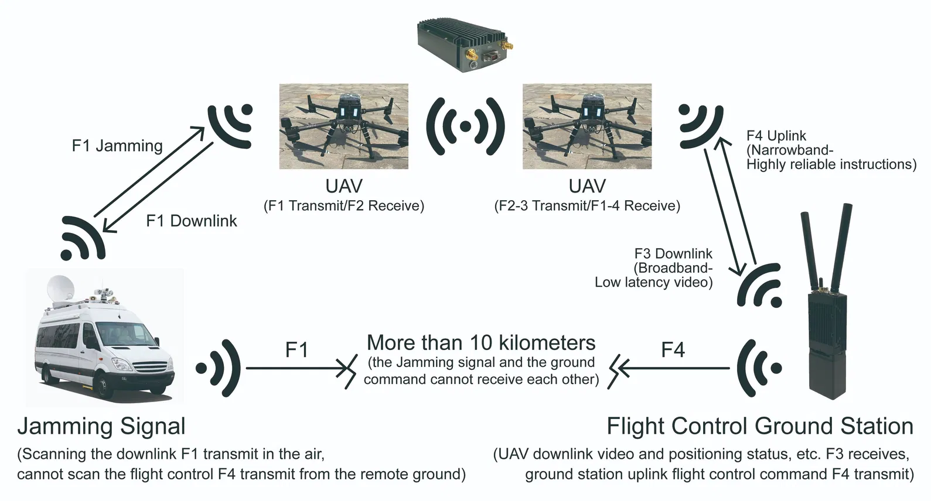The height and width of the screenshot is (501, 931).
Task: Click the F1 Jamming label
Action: click(x=117, y=146)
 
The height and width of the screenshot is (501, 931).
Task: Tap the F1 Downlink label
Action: click(x=192, y=221)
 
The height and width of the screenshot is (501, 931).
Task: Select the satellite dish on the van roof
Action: click(x=63, y=290)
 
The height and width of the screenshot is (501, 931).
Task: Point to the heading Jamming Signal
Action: click(x=101, y=426)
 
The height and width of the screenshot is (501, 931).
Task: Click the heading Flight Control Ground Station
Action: click(x=759, y=426)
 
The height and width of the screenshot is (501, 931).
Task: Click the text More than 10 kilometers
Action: click(x=481, y=342)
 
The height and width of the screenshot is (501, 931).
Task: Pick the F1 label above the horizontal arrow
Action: click(x=296, y=350)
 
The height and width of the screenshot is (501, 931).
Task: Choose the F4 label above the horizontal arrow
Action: click(x=673, y=350)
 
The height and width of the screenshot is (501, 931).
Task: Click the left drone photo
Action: click(x=343, y=126)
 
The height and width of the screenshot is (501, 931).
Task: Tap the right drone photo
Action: click(x=586, y=126)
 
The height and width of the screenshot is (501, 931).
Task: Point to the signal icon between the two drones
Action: click(x=465, y=126)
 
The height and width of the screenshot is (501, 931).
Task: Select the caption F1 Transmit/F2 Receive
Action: click(x=343, y=206)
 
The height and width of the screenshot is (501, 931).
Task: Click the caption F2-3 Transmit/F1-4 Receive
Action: click(x=587, y=206)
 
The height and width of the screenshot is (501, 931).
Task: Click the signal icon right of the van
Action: click(x=219, y=368)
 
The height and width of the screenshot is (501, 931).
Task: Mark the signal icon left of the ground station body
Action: click(x=759, y=368)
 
